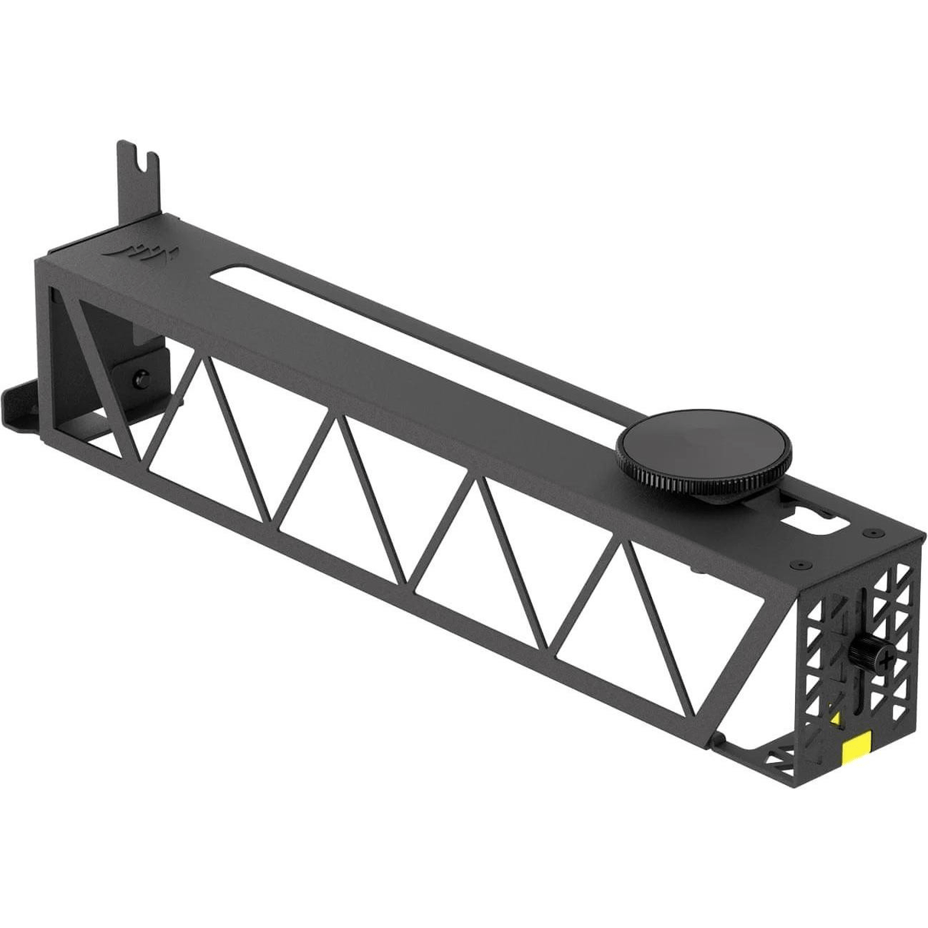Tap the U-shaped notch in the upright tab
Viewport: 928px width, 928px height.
pyautogui.click(x=138, y=162)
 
